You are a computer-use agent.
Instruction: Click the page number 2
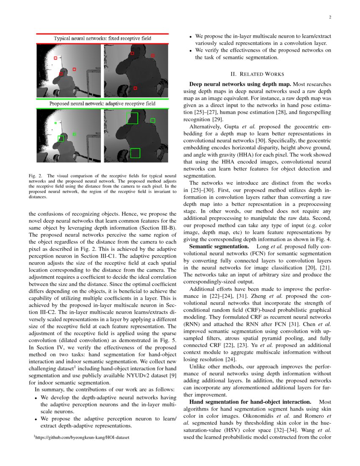click(329, 17)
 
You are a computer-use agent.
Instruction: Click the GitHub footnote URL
click(83, 436)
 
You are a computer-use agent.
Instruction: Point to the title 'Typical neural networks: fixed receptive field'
click(102, 39)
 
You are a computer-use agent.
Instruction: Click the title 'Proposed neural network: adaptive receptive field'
click(102, 103)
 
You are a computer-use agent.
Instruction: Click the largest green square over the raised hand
click(132, 118)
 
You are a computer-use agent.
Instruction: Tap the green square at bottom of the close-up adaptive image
click(135, 153)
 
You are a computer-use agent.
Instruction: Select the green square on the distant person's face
click(61, 139)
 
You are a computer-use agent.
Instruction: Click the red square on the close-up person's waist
click(135, 88)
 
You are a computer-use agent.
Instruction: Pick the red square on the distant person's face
click(61, 74)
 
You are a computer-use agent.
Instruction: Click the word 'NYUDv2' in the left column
click(133, 376)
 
